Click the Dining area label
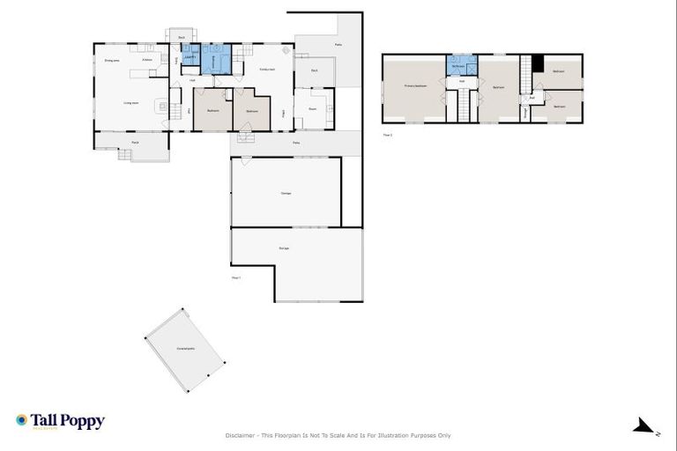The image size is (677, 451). point(112,61)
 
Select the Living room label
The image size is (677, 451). point(130,103)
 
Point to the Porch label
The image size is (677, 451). point(136,142)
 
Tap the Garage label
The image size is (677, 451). point(286,193)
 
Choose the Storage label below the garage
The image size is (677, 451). point(284,248)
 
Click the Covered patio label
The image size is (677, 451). point(186,349)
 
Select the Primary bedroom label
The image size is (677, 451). point(416,86)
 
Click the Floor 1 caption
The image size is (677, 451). point(236,277)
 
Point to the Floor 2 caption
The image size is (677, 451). point(388,135)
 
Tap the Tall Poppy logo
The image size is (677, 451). point(60,421)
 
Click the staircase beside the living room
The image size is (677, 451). point(175,95)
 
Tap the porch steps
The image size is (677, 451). point(123,155)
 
